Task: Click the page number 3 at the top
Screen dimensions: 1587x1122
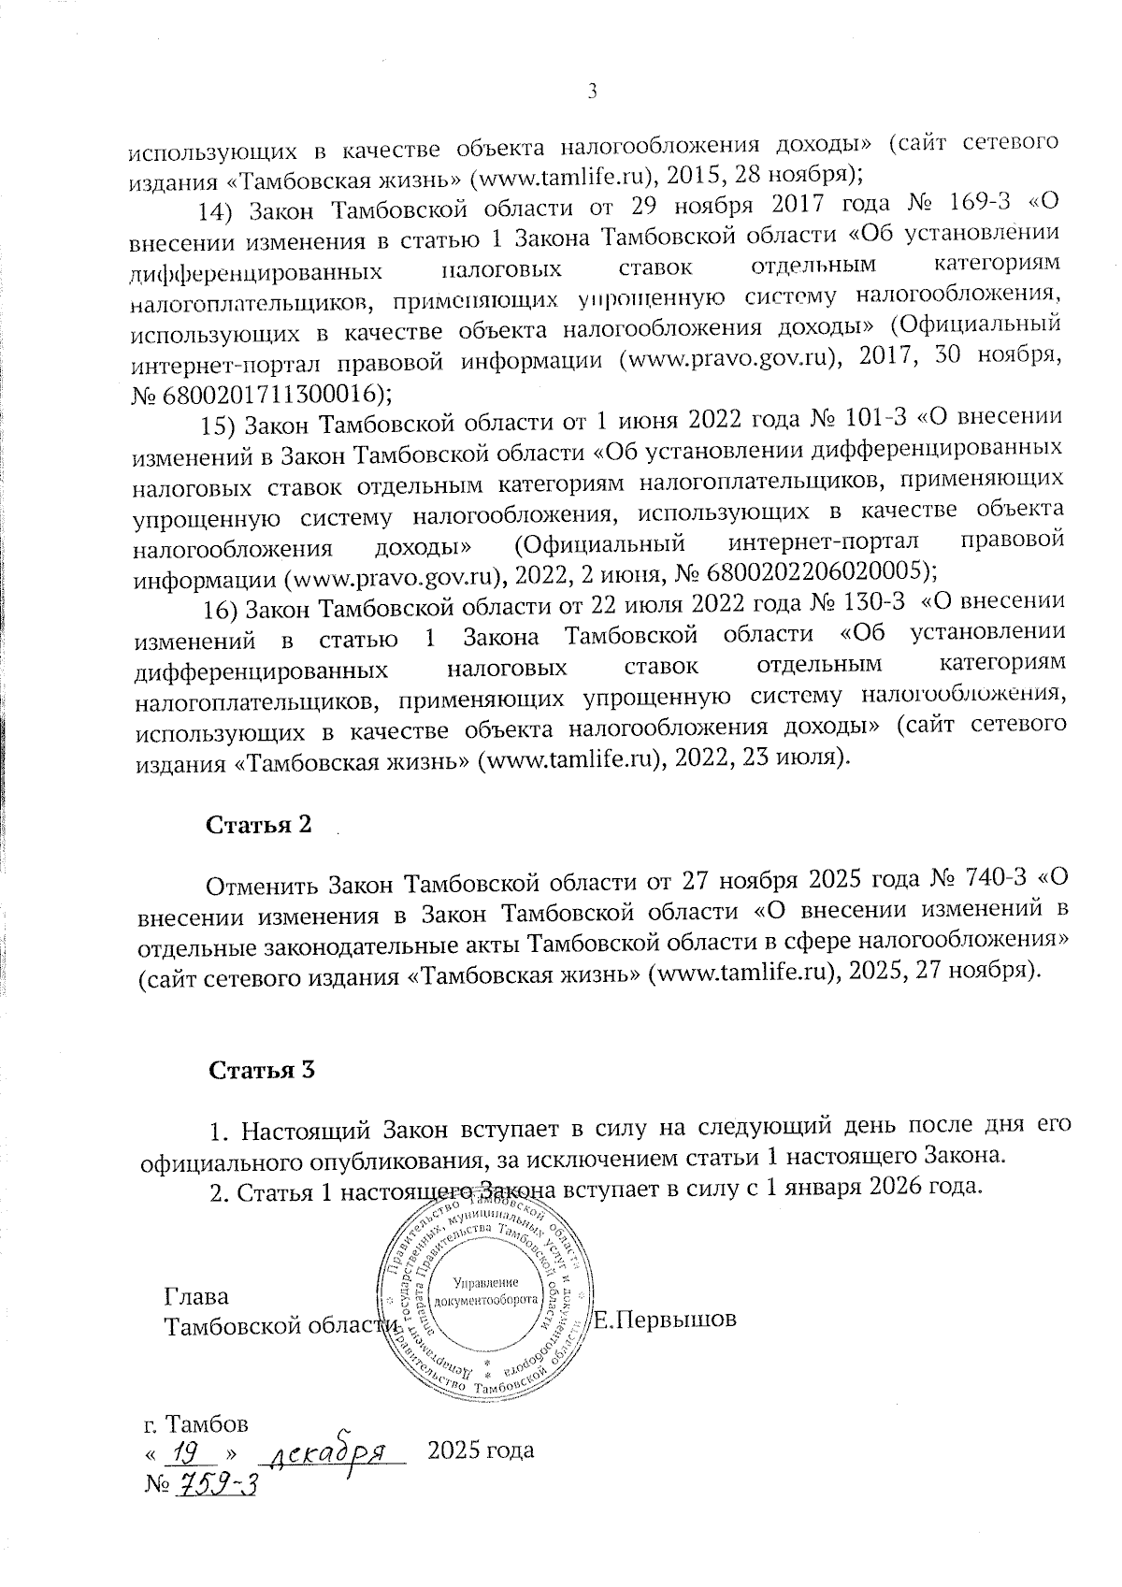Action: (590, 91)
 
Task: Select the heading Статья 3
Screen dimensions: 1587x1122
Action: (262, 1071)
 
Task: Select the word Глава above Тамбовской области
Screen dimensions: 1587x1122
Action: (196, 1298)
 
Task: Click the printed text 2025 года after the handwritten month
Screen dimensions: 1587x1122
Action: (481, 1451)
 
